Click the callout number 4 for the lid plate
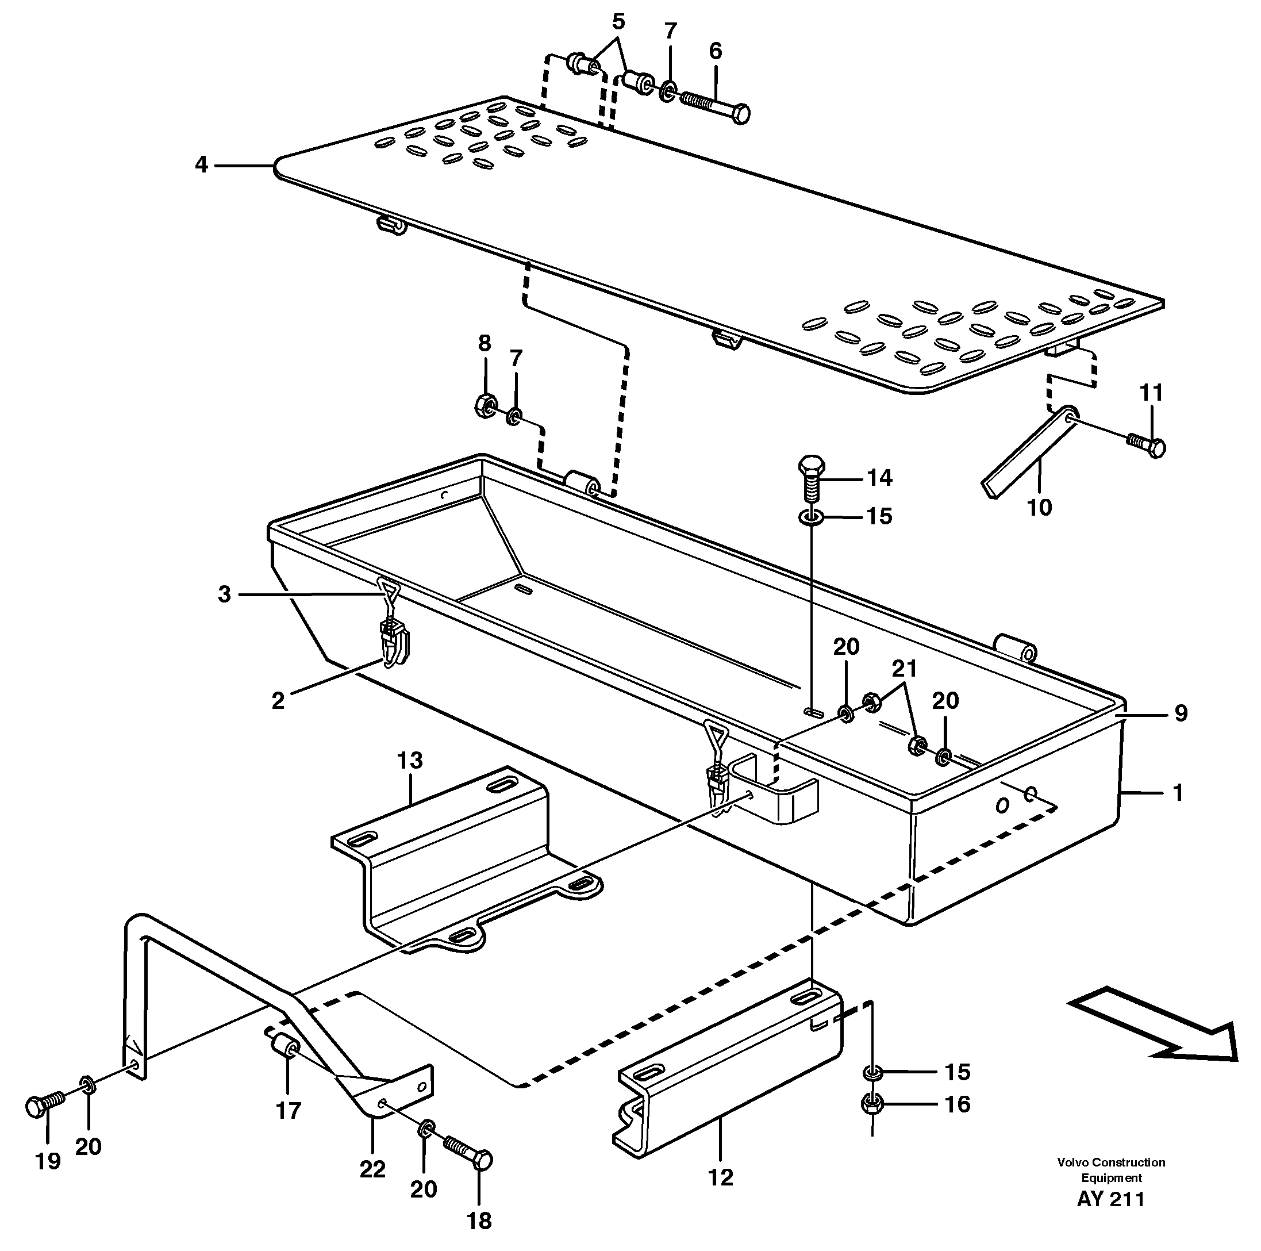coord(201,165)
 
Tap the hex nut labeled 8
coord(485,408)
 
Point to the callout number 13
coord(410,760)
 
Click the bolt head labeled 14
coord(812,467)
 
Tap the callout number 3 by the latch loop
coord(224,594)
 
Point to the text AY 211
coord(1111,1217)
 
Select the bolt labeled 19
coord(43,1107)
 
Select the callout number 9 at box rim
coord(1181,713)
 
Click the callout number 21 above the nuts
coord(905,669)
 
